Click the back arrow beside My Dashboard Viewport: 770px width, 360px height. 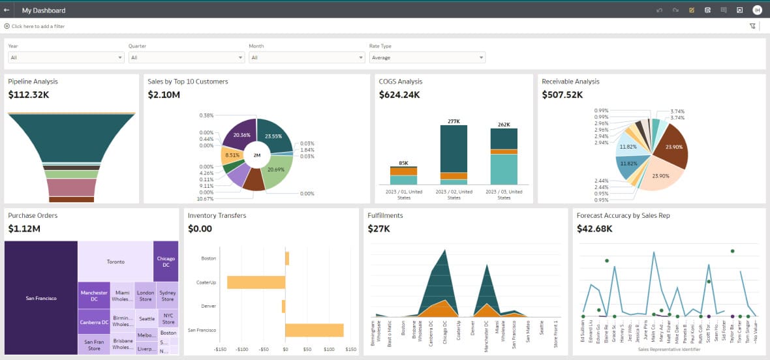(x=7, y=10)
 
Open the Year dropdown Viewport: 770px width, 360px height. (x=66, y=57)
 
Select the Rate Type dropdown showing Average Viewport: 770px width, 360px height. (x=427, y=57)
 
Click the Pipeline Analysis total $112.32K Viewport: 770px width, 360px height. (x=29, y=95)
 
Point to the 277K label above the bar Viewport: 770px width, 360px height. (x=454, y=121)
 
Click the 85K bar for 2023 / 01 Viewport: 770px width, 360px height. (x=403, y=175)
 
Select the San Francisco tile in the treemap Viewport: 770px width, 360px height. (x=41, y=298)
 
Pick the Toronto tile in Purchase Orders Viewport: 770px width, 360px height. (x=115, y=262)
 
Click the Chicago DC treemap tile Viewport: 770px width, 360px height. (x=166, y=262)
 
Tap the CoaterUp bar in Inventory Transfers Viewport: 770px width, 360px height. (x=256, y=282)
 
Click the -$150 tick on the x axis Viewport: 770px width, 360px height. (x=221, y=350)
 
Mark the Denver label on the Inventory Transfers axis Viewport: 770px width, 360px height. (x=209, y=306)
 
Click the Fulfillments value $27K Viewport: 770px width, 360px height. (x=379, y=229)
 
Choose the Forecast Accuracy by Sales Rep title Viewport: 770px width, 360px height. (x=623, y=215)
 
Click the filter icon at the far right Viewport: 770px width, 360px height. (x=752, y=26)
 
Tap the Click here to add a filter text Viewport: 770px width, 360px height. (x=38, y=26)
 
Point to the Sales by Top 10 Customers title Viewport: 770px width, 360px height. (x=188, y=82)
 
